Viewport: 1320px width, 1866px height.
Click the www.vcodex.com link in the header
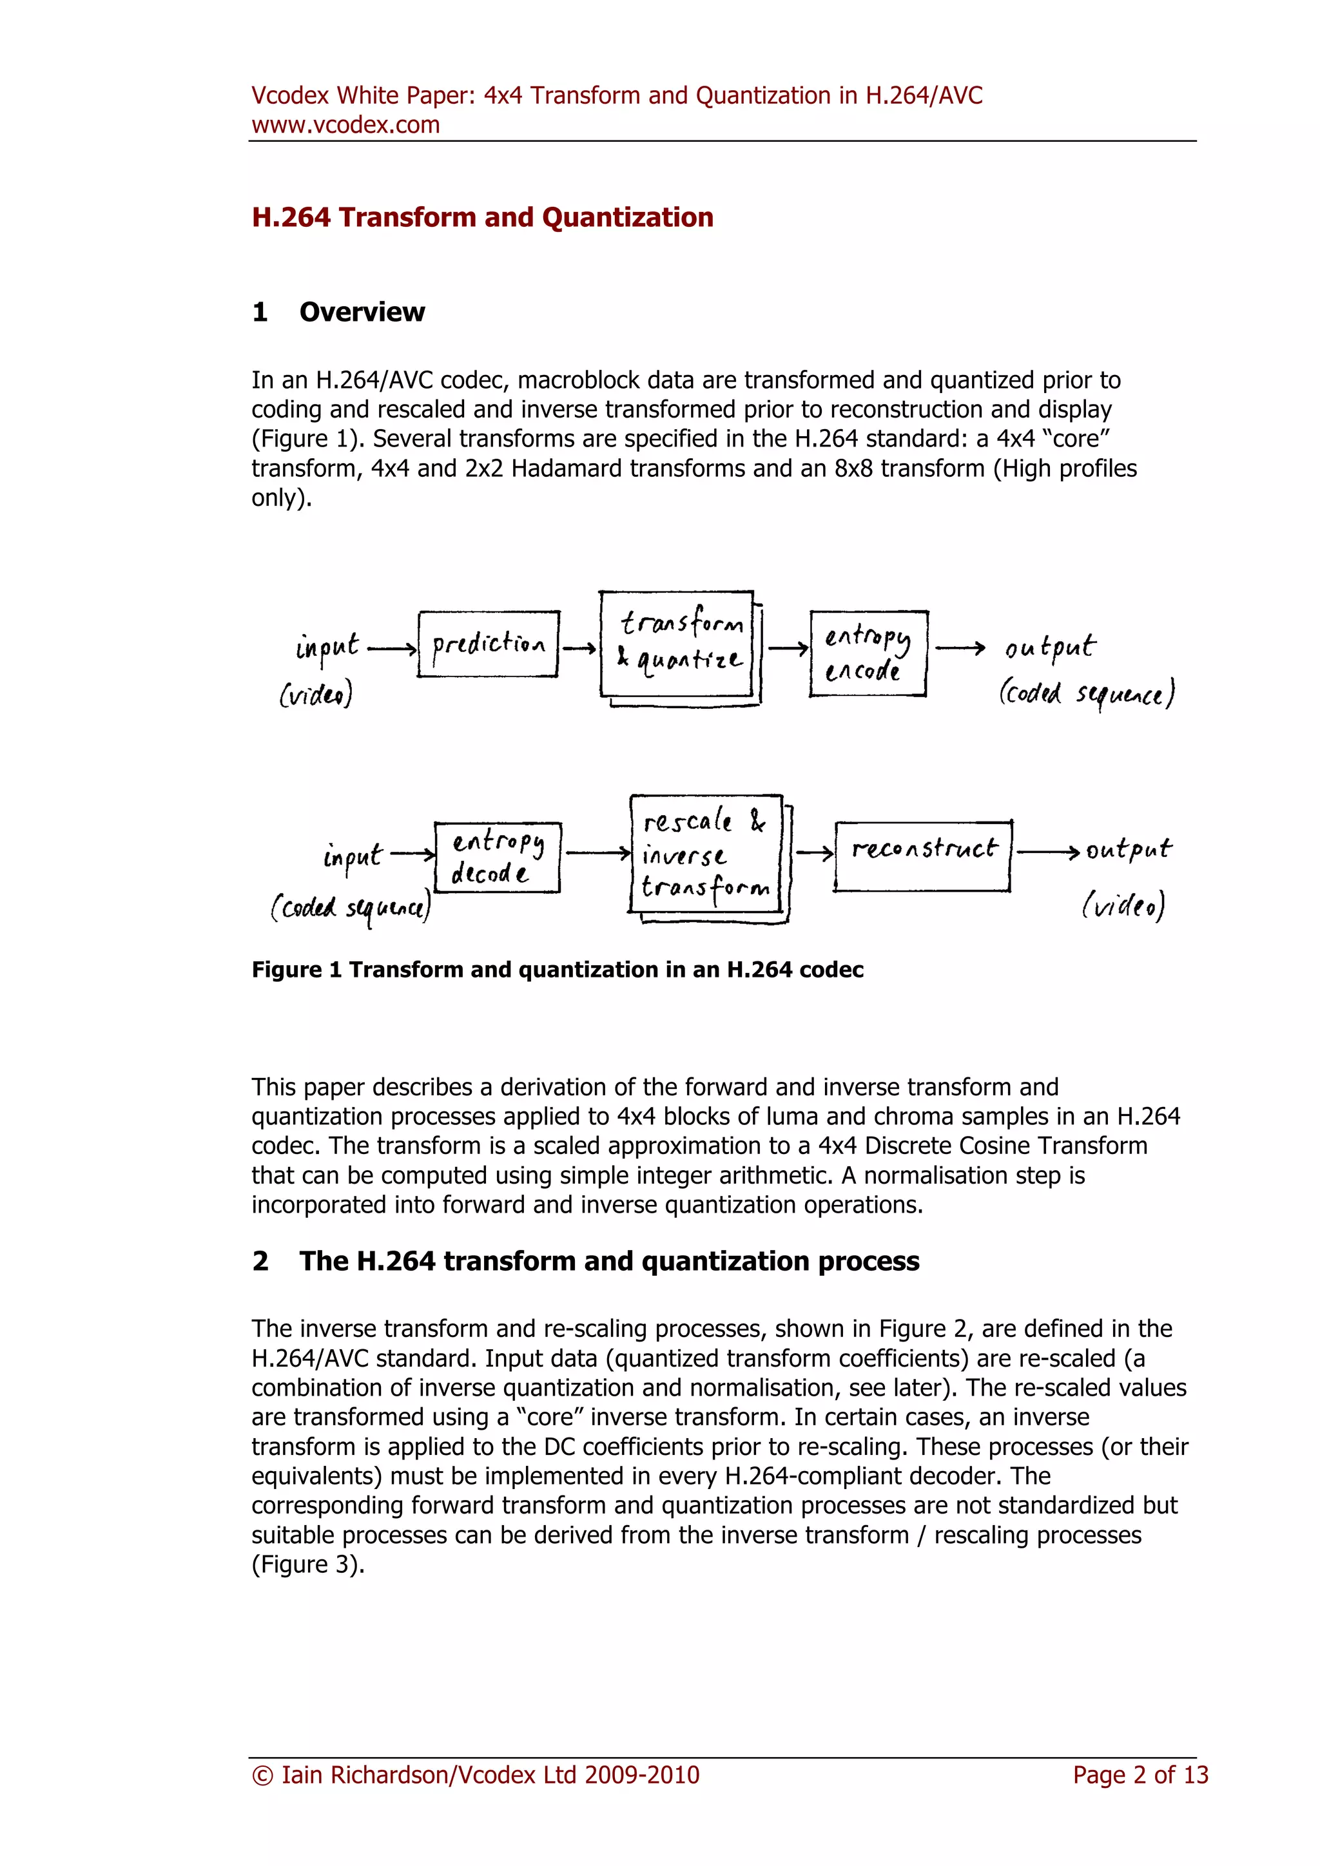click(x=345, y=125)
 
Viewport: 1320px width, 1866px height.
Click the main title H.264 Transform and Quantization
click(x=482, y=218)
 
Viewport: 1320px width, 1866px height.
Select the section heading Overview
click(x=362, y=312)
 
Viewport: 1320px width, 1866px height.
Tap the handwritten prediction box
click(x=489, y=644)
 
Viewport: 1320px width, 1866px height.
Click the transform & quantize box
click(x=677, y=644)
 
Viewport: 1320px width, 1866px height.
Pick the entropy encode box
click(x=868, y=653)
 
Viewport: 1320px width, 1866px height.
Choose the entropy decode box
click(x=498, y=858)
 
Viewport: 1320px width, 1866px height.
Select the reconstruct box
click(x=924, y=856)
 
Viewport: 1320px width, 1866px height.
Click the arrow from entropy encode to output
click(x=960, y=648)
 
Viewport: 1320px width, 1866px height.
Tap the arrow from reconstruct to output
click(x=1049, y=852)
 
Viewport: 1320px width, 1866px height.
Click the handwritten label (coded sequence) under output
click(x=1087, y=693)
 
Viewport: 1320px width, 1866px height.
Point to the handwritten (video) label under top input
click(x=316, y=694)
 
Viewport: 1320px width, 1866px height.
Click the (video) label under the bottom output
click(x=1123, y=905)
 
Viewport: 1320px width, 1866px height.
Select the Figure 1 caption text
click(x=557, y=970)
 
